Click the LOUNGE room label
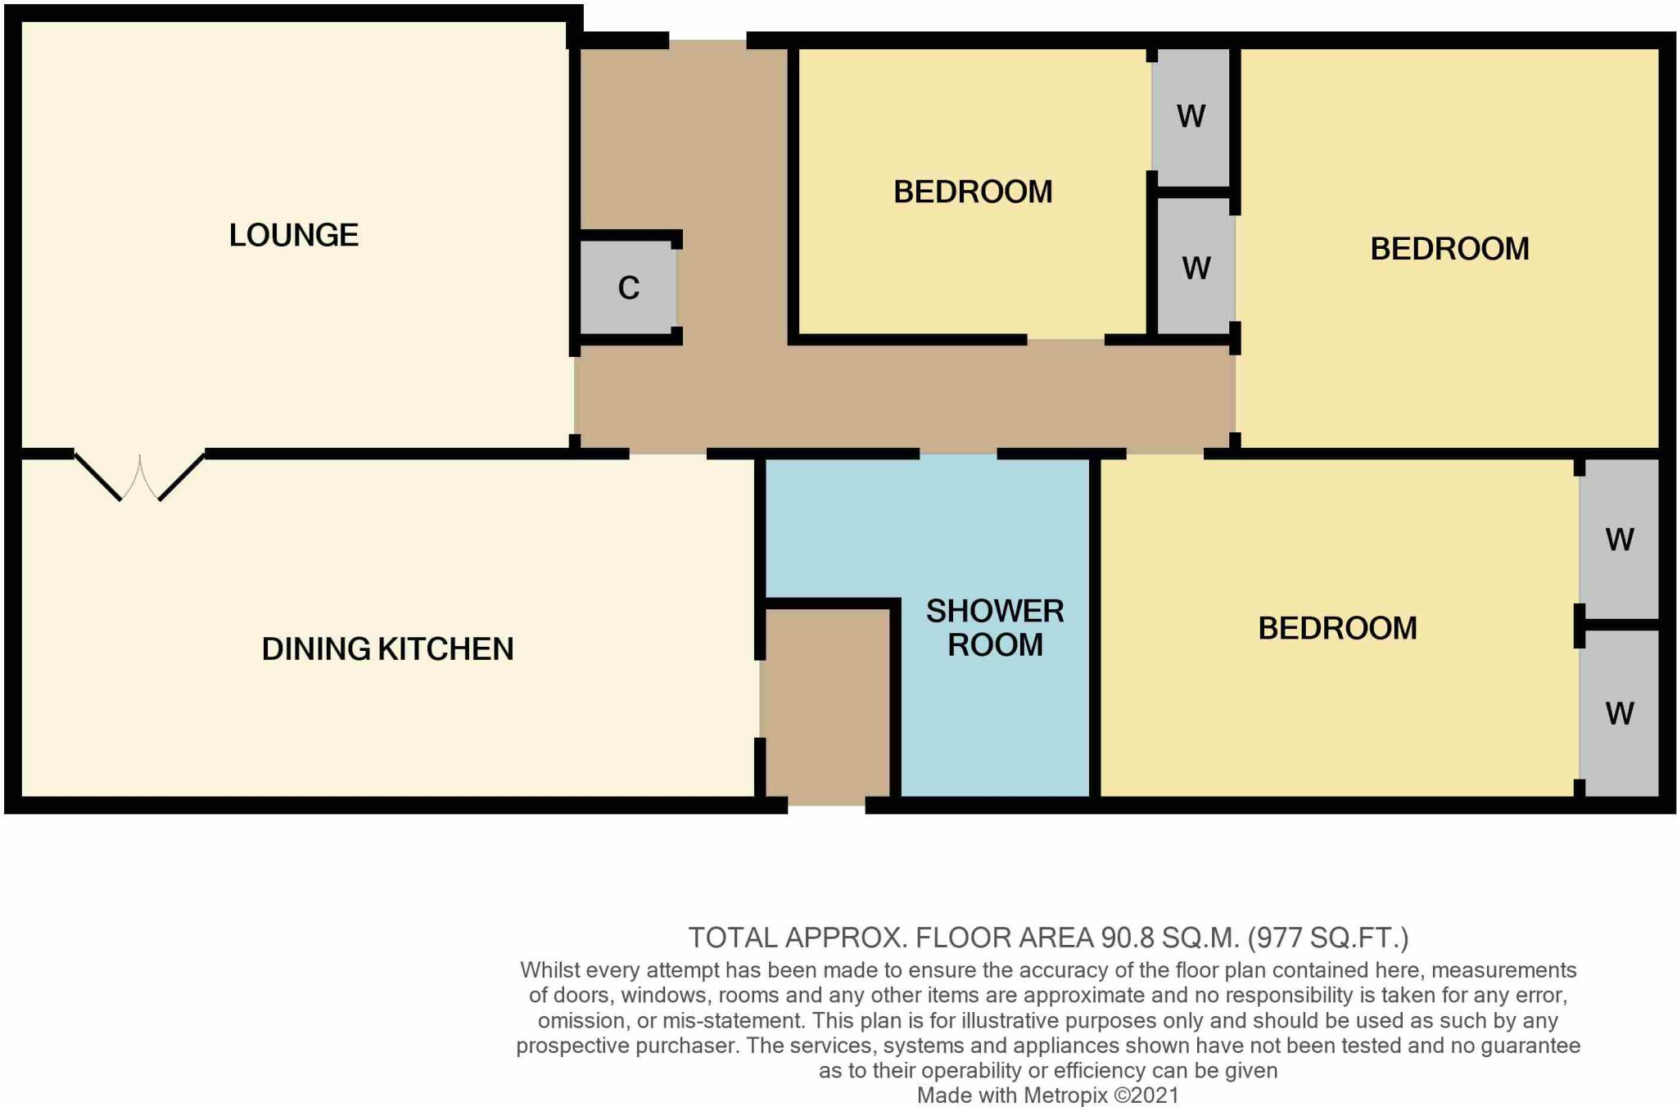tap(293, 236)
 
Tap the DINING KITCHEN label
tap(387, 649)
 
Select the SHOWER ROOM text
tap(994, 628)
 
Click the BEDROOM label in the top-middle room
tap(972, 192)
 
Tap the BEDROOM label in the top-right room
tap(1449, 249)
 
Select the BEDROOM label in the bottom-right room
tap(1336, 629)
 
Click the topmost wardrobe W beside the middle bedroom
tap(1191, 116)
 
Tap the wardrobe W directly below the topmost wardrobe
tap(1196, 269)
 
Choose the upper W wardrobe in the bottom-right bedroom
tap(1619, 540)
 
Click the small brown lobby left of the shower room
tap(825, 704)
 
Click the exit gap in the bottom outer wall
tap(826, 806)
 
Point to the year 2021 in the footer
tap(1156, 1096)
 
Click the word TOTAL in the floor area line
tap(732, 938)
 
